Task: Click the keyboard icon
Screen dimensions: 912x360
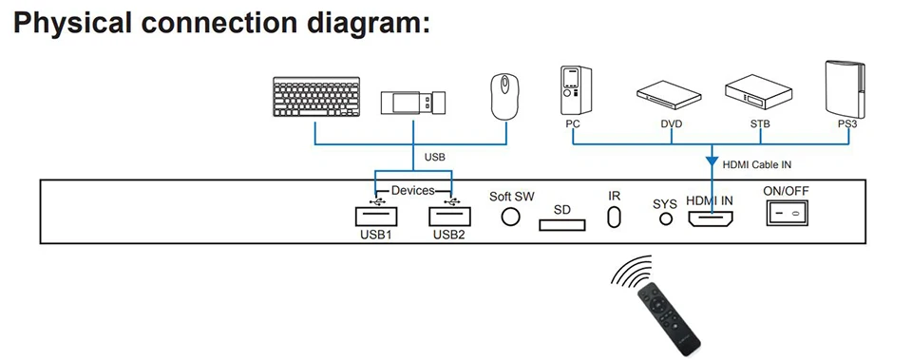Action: click(316, 97)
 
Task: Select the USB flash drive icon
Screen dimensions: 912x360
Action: click(413, 103)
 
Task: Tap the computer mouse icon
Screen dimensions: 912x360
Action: click(504, 97)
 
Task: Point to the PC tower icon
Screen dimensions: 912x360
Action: click(576, 90)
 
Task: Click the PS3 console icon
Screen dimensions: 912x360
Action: click(845, 89)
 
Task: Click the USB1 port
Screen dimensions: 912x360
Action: click(377, 217)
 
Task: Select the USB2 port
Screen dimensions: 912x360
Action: click(449, 217)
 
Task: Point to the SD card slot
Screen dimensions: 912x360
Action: click(561, 224)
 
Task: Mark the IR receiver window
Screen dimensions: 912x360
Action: click(614, 218)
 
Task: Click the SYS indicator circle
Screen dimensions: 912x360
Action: click(665, 219)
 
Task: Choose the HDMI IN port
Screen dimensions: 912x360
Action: click(711, 218)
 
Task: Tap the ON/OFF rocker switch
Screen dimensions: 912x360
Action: click(787, 213)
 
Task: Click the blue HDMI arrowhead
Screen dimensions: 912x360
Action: click(711, 159)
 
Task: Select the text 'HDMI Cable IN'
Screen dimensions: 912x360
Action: click(757, 164)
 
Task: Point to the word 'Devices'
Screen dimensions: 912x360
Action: click(413, 190)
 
